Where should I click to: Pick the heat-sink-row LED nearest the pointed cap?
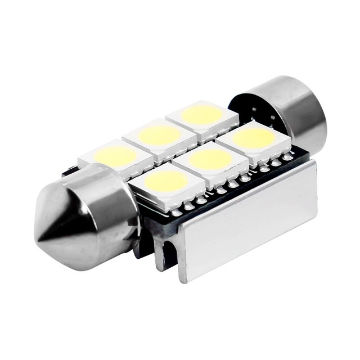pos(166,182)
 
